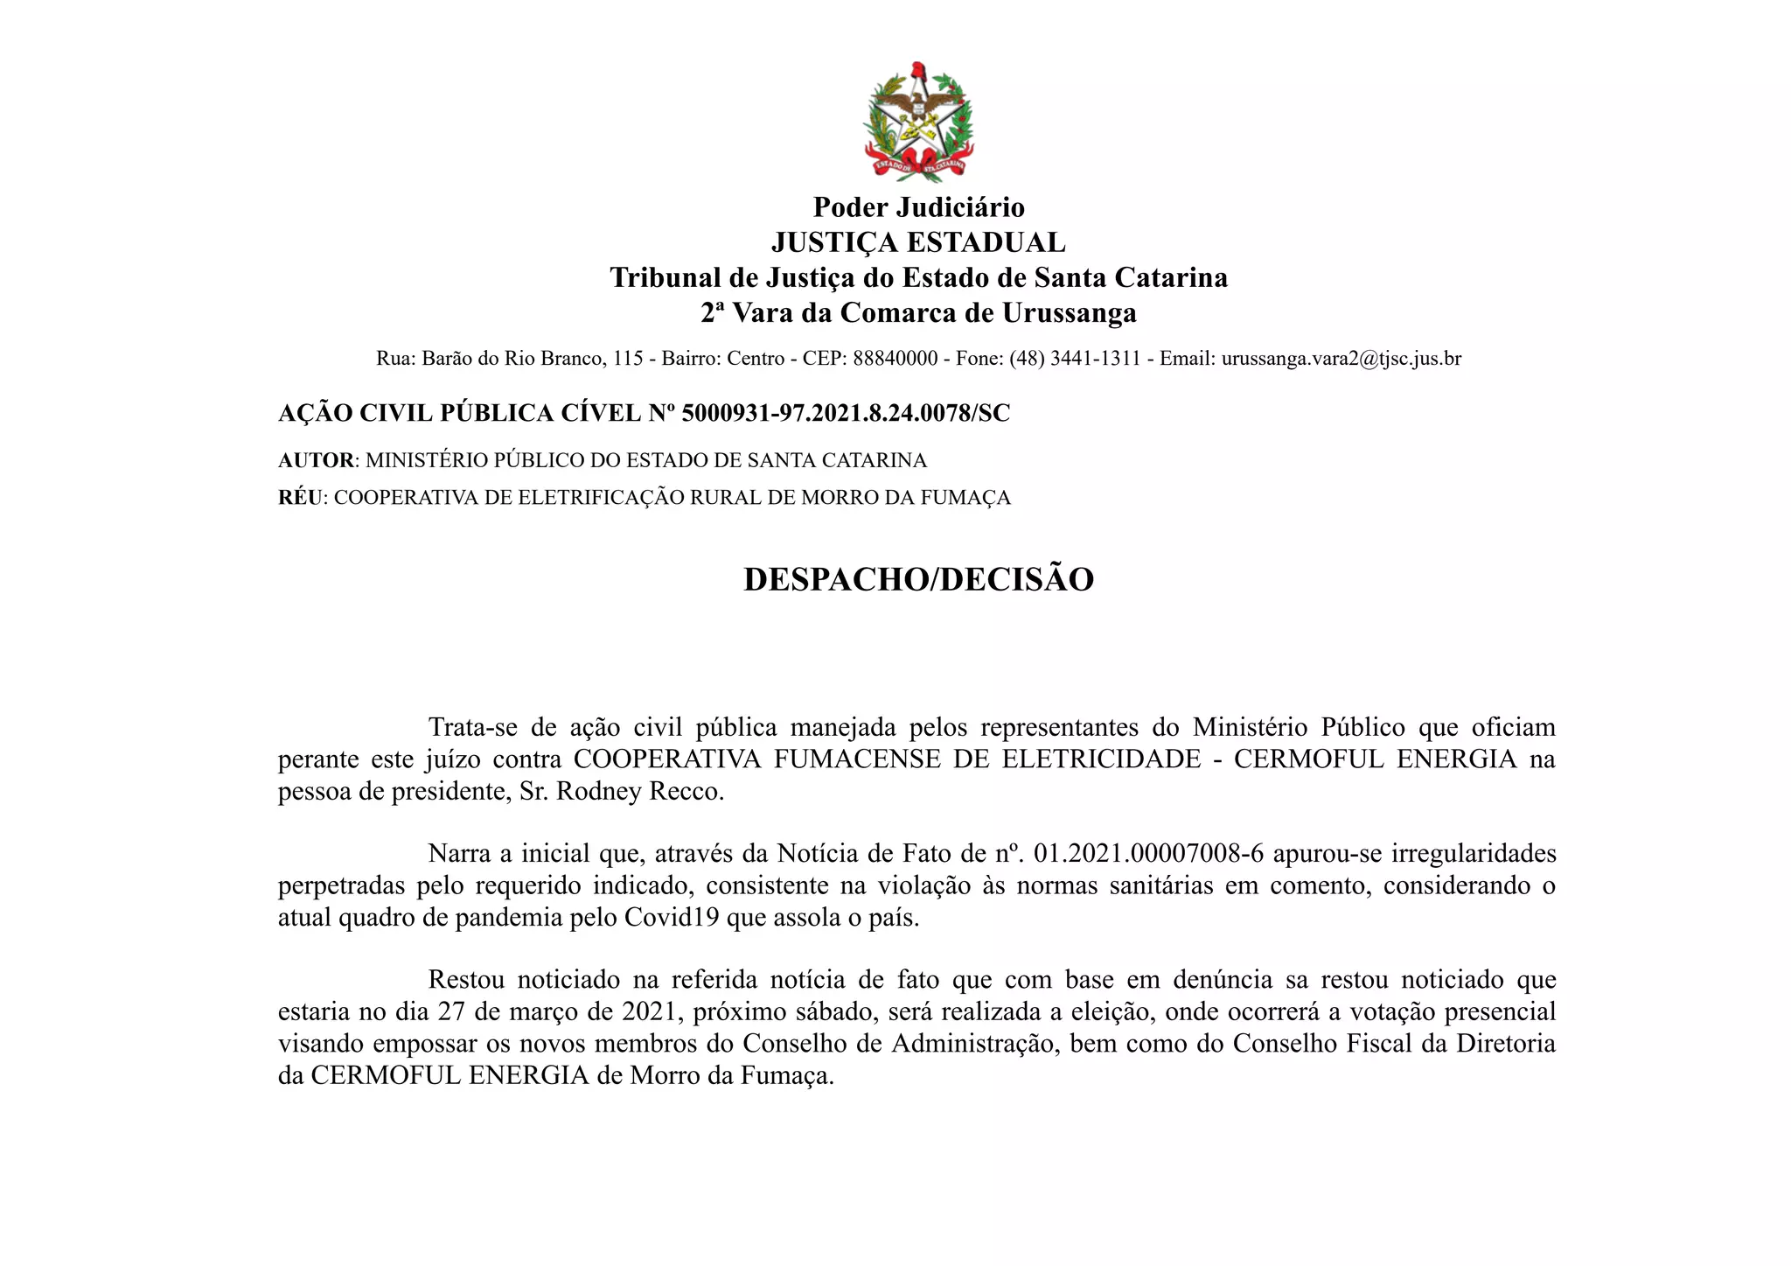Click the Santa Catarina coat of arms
pyautogui.click(x=918, y=122)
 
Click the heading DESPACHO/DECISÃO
pyautogui.click(x=918, y=580)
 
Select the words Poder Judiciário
pyautogui.click(x=918, y=207)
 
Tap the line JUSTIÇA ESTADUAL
pyautogui.click(x=918, y=242)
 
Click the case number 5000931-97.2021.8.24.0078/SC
pyautogui.click(x=846, y=413)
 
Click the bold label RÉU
pyautogui.click(x=300, y=498)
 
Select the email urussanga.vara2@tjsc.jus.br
pyautogui.click(x=1341, y=359)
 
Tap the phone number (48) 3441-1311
pyautogui.click(x=1075, y=359)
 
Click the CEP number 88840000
pyautogui.click(x=895, y=359)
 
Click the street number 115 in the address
pyautogui.click(x=628, y=359)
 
